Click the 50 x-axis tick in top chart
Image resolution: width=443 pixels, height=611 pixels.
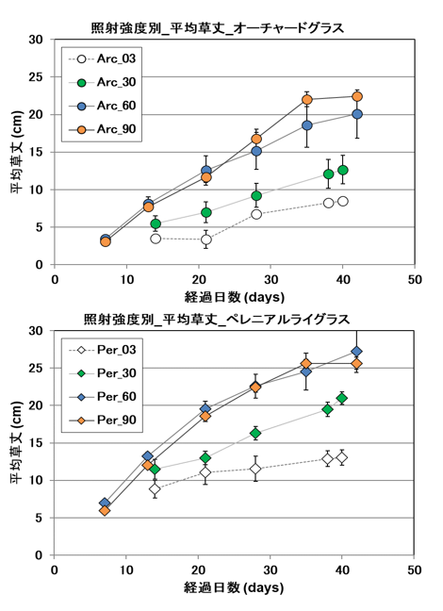click(x=415, y=280)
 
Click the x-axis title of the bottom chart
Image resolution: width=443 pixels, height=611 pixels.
click(x=235, y=588)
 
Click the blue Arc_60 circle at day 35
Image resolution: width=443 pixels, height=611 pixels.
click(x=307, y=125)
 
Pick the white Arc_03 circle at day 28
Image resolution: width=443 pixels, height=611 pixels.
click(x=256, y=214)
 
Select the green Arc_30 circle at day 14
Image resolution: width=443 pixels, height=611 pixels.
click(x=156, y=224)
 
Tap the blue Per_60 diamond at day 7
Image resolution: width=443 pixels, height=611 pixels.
click(x=105, y=504)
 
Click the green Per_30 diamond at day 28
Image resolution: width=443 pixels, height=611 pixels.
click(x=255, y=434)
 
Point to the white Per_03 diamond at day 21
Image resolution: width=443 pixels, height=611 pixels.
click(x=205, y=472)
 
